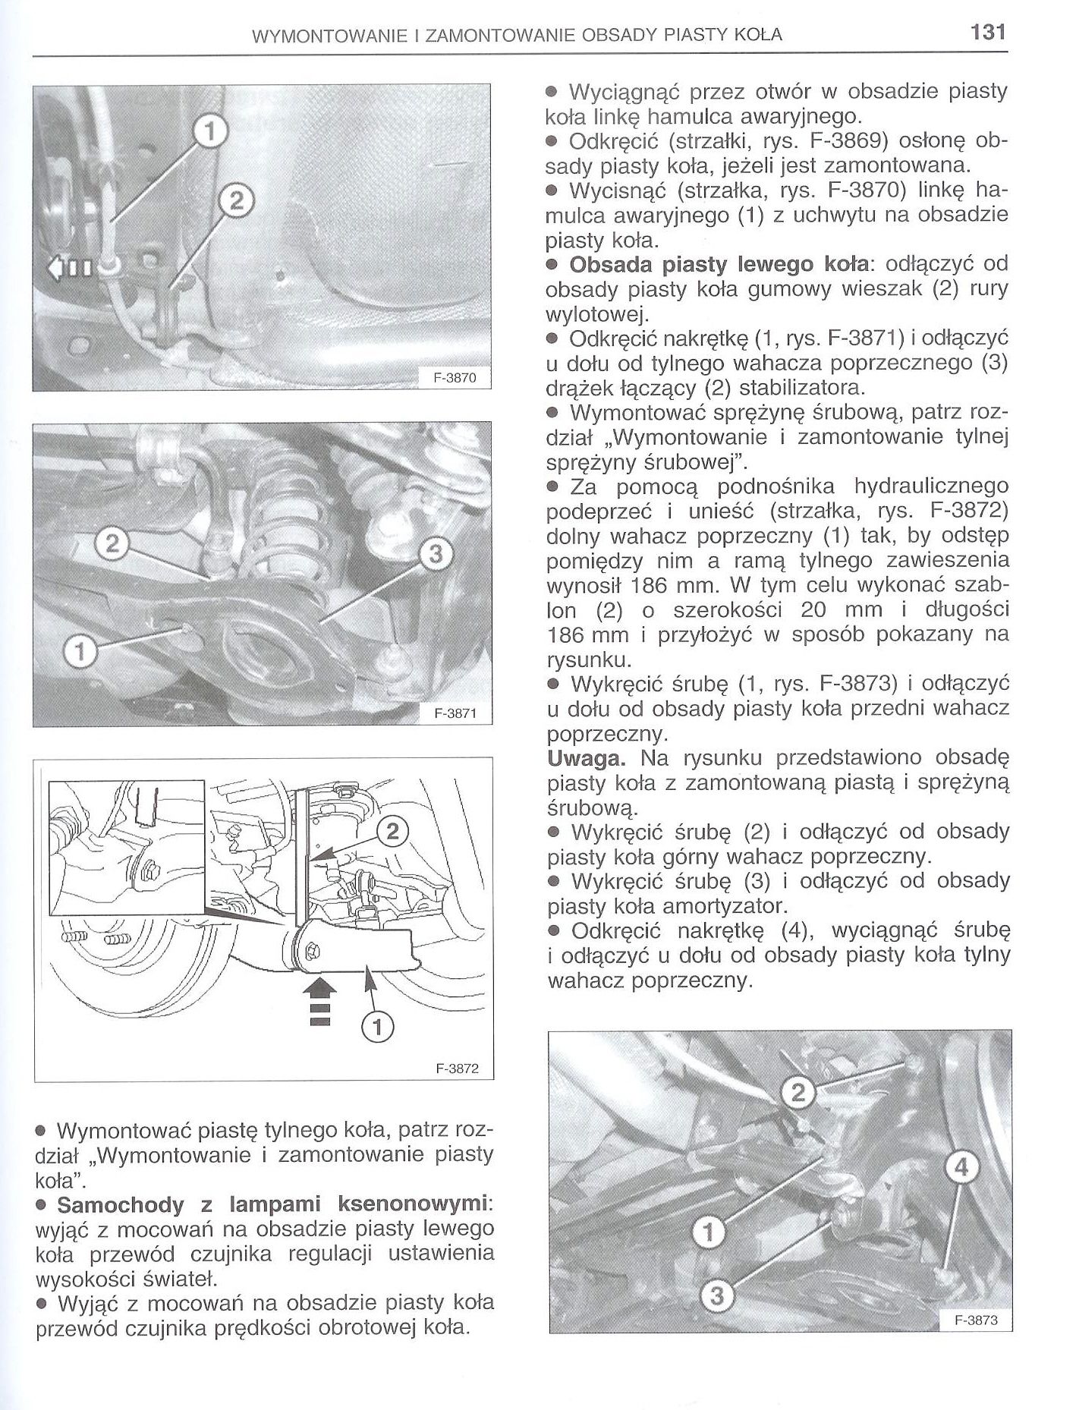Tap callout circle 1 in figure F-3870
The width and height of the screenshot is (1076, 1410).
211,132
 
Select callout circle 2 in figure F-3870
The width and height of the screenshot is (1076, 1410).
236,200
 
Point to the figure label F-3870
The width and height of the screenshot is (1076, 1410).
455,376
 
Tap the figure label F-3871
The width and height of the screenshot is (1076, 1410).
455,713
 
